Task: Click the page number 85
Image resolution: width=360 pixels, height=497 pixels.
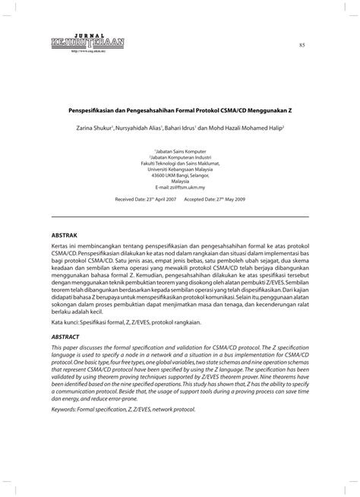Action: (x=302, y=46)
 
